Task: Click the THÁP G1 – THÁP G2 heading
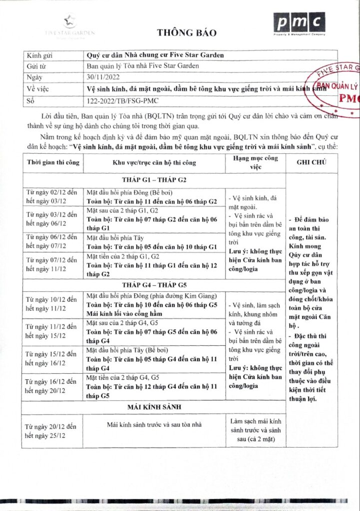(154, 180)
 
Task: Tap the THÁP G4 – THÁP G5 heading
(154, 285)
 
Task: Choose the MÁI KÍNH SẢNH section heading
(154, 407)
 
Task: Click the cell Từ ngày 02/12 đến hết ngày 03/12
(52, 197)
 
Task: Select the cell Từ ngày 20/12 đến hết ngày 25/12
(52, 431)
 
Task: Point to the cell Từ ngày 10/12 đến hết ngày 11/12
(52, 303)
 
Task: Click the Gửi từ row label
(38, 66)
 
